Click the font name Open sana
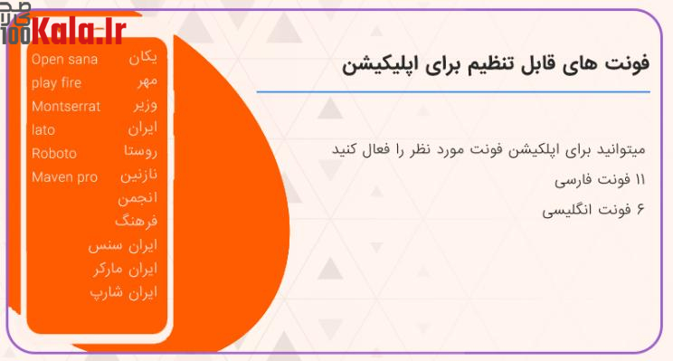click(x=64, y=60)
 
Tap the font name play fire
click(x=56, y=83)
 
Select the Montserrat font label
click(x=66, y=106)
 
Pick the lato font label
click(x=43, y=129)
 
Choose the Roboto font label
click(x=54, y=153)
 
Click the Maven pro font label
click(x=63, y=176)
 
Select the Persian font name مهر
click(x=146, y=82)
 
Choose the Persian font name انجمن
click(x=137, y=198)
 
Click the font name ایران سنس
click(x=123, y=245)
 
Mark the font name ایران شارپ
click(x=124, y=292)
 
